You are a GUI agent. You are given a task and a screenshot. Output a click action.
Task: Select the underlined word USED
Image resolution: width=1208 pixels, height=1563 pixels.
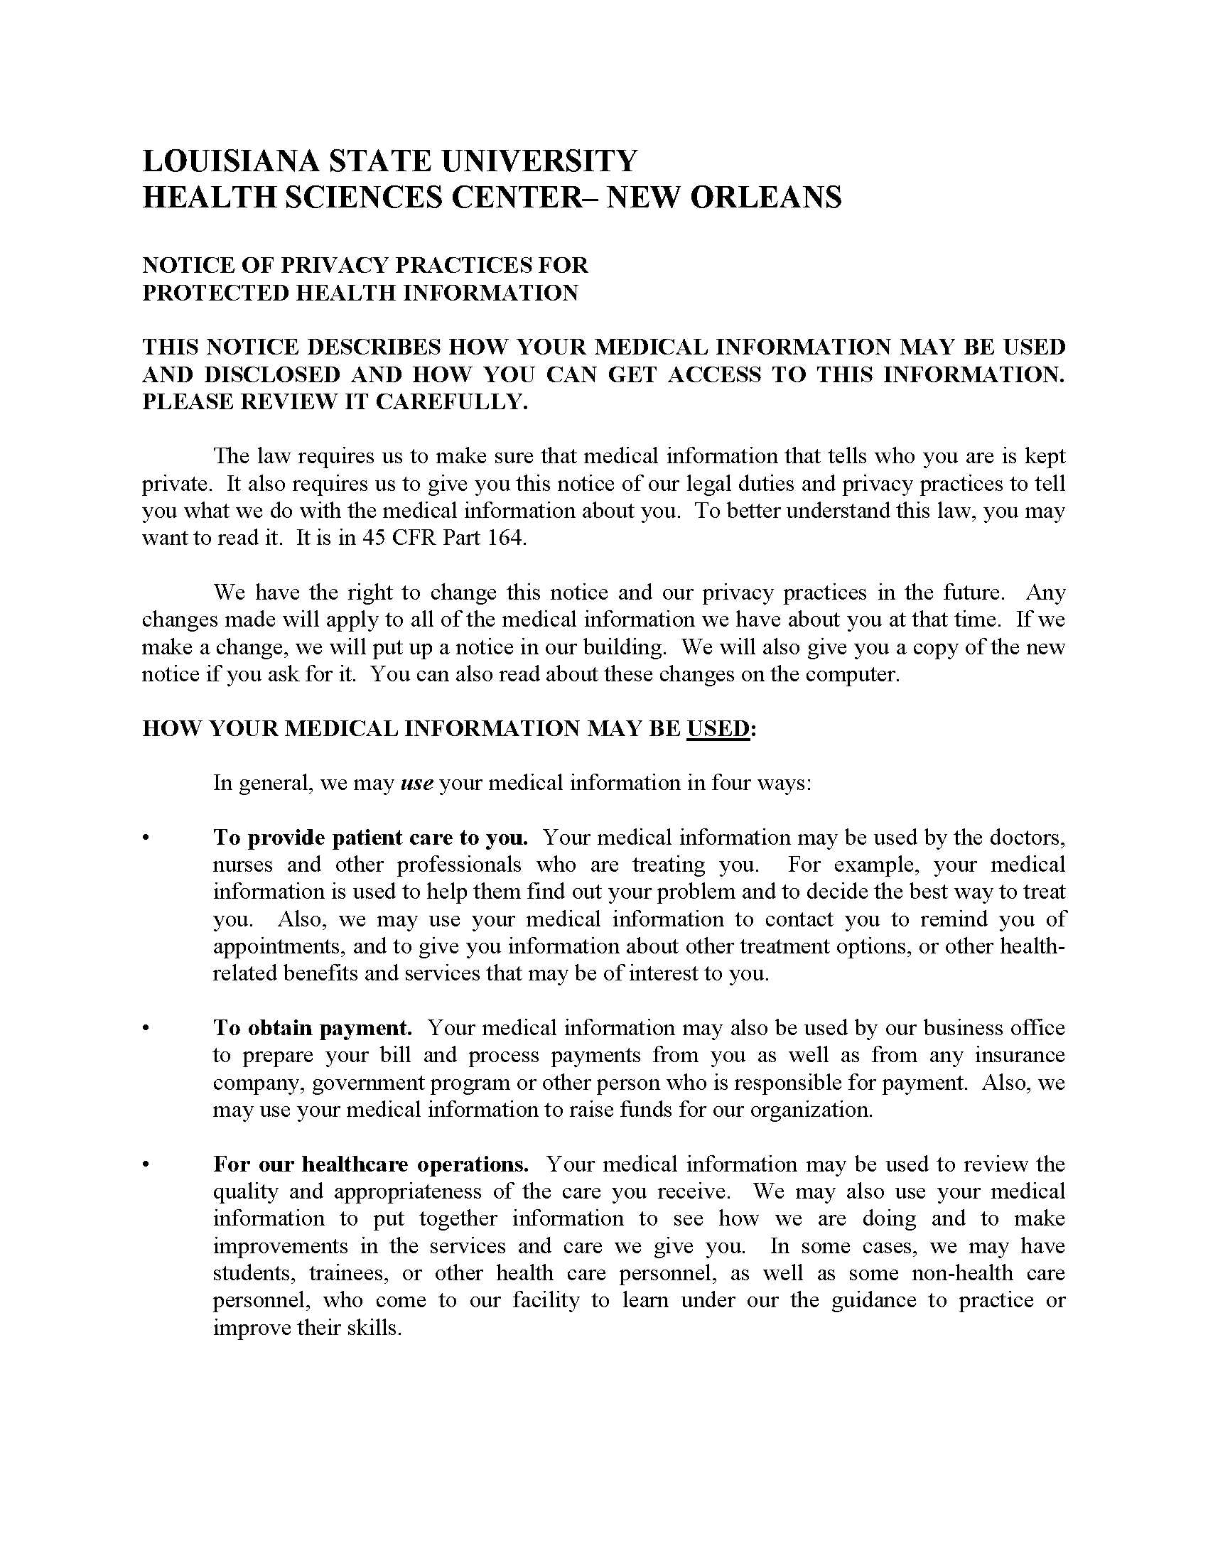click(x=718, y=728)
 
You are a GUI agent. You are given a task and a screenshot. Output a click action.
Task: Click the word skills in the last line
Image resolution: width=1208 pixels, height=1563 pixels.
click(x=372, y=1329)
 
